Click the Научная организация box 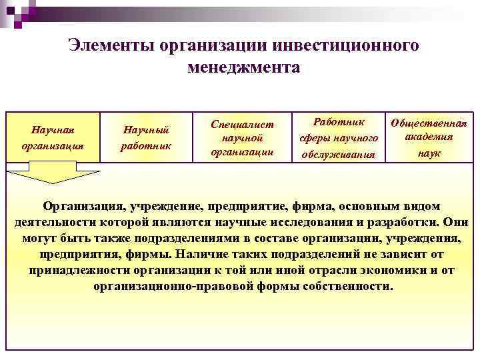(x=53, y=137)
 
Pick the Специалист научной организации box (x=242, y=137)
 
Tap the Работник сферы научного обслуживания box (x=339, y=137)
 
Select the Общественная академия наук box (x=428, y=137)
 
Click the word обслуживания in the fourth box (x=339, y=154)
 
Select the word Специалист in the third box (x=242, y=124)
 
